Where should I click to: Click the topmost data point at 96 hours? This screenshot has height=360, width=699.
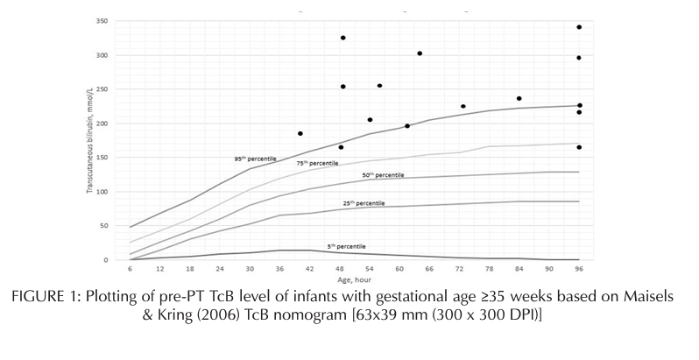point(579,27)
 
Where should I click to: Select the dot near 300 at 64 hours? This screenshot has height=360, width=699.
point(420,53)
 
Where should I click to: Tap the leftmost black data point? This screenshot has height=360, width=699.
point(300,133)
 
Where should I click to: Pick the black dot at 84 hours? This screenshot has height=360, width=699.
point(519,98)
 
